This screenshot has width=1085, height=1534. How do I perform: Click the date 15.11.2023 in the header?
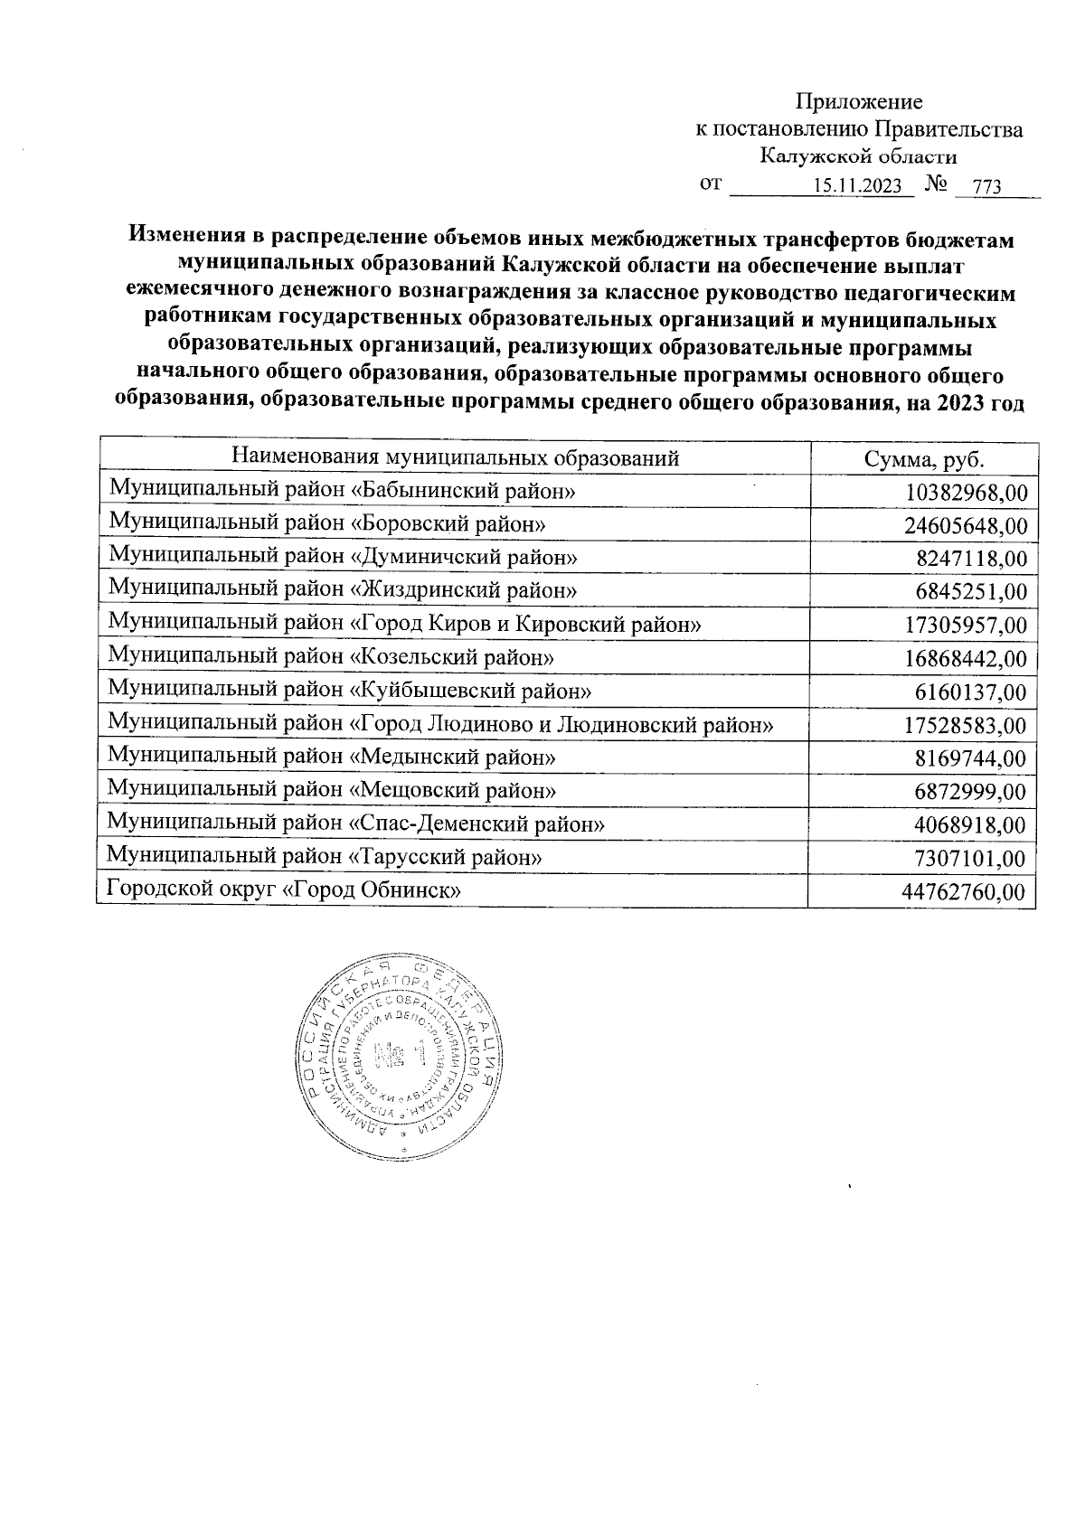tap(857, 186)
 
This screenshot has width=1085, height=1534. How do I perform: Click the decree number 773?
tap(986, 187)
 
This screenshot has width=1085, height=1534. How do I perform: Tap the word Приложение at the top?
tap(858, 101)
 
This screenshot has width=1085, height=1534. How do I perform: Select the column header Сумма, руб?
tap(923, 458)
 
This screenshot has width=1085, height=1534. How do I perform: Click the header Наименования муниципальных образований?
tap(455, 457)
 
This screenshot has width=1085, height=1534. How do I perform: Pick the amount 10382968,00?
tap(965, 493)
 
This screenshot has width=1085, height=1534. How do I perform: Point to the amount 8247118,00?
tap(971, 559)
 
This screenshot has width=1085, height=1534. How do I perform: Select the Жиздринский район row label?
tap(343, 590)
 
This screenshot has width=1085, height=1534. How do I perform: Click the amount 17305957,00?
tap(965, 626)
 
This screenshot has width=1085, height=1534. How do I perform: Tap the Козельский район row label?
tap(331, 657)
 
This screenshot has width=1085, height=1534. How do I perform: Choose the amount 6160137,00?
tap(971, 692)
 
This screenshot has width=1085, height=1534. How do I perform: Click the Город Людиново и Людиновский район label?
tap(440, 724)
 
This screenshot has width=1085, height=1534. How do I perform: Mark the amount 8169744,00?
tap(971, 759)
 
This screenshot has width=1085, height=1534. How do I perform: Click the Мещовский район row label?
tap(332, 790)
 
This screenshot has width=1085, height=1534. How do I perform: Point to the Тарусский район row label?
tap(325, 856)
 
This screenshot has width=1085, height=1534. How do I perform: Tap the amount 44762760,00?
tap(964, 893)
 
